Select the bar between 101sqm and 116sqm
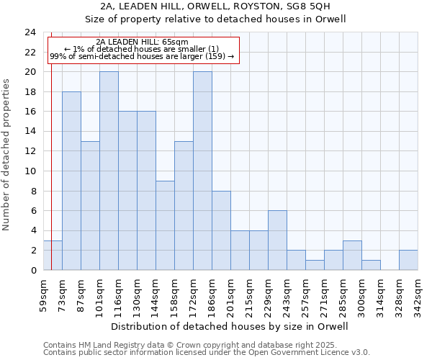[109, 171]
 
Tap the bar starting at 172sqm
[202, 171]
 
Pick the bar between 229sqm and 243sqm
[277, 240]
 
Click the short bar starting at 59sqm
[53, 255]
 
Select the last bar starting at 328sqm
[408, 260]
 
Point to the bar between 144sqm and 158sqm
[165, 225]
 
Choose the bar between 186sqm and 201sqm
[221, 230]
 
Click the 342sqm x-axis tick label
[418, 294]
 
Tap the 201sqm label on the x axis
[230, 294]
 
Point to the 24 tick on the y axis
[30, 32]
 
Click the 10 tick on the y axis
[30, 171]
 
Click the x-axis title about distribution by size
[230, 326]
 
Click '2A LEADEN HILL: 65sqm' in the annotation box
[142, 42]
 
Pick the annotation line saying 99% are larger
[142, 56]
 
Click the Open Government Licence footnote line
[207, 353]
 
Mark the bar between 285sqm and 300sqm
[352, 255]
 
